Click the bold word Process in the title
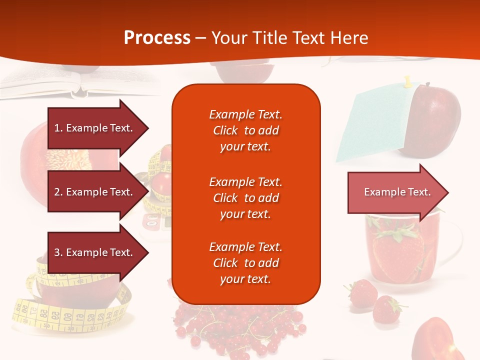click(157, 38)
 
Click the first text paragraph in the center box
click(245, 130)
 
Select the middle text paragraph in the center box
click(245, 198)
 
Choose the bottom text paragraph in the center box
click(245, 263)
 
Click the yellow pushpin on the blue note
click(407, 80)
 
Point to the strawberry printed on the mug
click(397, 250)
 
